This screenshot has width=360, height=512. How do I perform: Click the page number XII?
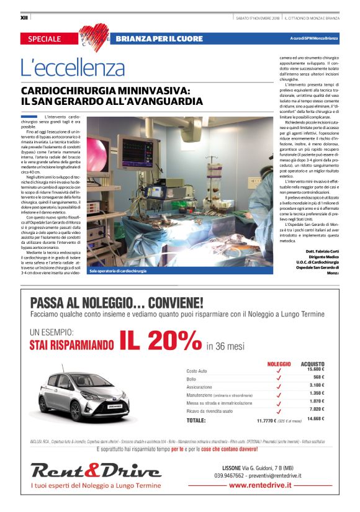click(24, 17)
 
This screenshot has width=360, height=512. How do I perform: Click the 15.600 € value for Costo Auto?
click(315, 370)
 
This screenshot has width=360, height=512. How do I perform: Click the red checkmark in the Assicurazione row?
click(279, 386)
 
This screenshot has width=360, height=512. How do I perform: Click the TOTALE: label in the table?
click(196, 420)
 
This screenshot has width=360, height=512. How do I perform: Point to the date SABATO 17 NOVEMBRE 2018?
click(257, 17)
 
